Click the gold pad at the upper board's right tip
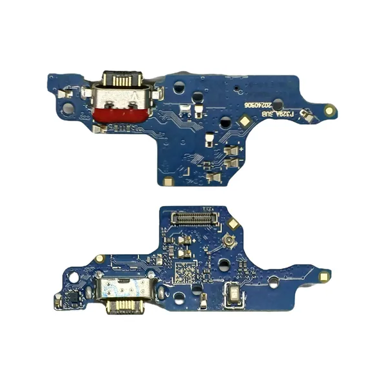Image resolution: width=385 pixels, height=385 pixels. coord(330,110)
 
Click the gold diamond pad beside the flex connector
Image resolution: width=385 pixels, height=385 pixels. coord(234,224)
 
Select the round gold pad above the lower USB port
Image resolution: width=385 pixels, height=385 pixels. coord(100,259)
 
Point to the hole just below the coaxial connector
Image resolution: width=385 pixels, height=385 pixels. coord(223,264)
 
